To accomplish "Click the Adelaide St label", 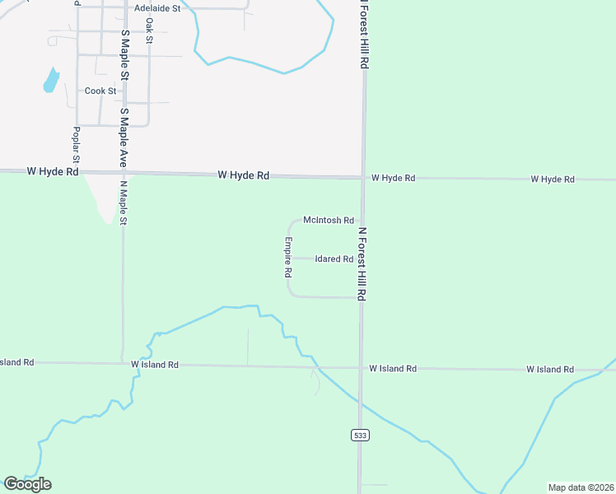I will tap(157, 7).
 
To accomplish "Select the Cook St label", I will tap(100, 91).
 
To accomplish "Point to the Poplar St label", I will tap(76, 143).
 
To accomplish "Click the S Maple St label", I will tap(124, 56).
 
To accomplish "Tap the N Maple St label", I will tap(124, 203).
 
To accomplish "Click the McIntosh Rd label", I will tap(328, 220).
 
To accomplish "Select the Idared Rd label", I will tap(334, 259).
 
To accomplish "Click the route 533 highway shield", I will tap(359, 435).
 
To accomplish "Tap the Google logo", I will tap(27, 484).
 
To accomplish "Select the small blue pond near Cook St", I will tap(51, 80).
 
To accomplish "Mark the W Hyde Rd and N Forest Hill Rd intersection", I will tap(362, 177).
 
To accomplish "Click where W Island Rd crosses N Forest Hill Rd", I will tap(360, 367).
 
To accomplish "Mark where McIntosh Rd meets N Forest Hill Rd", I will tap(361, 220).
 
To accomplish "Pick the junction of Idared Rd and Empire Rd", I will tap(288, 259).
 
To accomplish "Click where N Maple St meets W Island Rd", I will tap(123, 363).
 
